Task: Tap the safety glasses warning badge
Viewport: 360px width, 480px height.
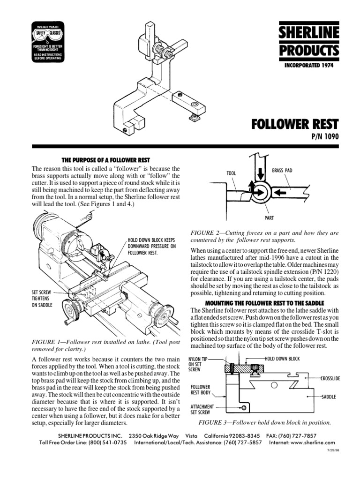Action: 49,41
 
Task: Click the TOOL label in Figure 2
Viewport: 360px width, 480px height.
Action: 231,173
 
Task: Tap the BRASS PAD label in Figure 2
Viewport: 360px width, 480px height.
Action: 282,170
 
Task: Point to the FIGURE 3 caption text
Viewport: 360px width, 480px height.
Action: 264,422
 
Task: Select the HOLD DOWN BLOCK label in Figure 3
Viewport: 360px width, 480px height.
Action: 282,359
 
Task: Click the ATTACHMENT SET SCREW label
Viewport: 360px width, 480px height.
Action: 202,410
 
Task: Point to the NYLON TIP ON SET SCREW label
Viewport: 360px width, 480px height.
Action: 199,363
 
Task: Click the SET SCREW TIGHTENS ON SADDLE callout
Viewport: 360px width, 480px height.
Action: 43,298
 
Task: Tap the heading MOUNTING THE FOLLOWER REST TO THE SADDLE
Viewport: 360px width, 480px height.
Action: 264,302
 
